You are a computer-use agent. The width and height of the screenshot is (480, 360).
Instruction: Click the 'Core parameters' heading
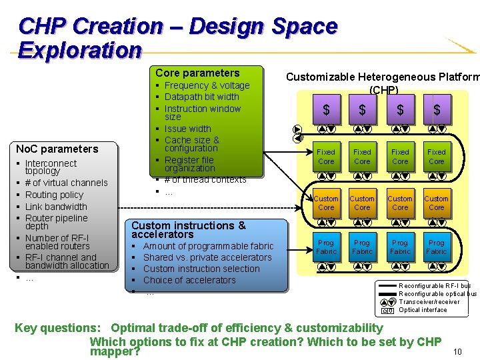(197, 73)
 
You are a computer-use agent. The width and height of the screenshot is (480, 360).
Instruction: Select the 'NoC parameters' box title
(57, 149)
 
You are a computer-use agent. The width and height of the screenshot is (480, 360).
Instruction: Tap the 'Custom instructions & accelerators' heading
(189, 230)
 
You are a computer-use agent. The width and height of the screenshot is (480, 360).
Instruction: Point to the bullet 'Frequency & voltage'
(207, 85)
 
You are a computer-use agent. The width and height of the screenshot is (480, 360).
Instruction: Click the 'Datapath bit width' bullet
(201, 97)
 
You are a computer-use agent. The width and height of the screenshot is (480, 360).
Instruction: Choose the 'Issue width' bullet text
(187, 129)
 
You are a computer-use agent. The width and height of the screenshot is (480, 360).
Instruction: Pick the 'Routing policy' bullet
(54, 195)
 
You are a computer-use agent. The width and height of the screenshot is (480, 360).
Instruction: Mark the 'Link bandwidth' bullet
(56, 207)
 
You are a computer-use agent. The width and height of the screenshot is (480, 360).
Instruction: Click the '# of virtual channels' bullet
(66, 183)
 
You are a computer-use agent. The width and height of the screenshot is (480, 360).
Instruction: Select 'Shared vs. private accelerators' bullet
(207, 257)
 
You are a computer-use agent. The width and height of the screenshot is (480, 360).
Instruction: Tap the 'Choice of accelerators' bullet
(189, 280)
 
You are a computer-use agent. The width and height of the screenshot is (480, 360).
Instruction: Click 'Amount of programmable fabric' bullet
(208, 246)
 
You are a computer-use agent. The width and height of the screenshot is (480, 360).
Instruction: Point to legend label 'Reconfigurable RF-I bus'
(435, 286)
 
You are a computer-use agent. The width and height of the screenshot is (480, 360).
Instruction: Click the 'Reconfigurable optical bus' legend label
(437, 294)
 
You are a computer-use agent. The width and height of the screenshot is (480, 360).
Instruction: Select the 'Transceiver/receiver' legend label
(429, 302)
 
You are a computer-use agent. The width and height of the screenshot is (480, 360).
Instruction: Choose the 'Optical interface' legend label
(423, 310)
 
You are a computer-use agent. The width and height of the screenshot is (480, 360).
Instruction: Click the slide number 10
(457, 351)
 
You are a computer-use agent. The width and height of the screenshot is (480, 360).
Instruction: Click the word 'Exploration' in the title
(80, 51)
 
